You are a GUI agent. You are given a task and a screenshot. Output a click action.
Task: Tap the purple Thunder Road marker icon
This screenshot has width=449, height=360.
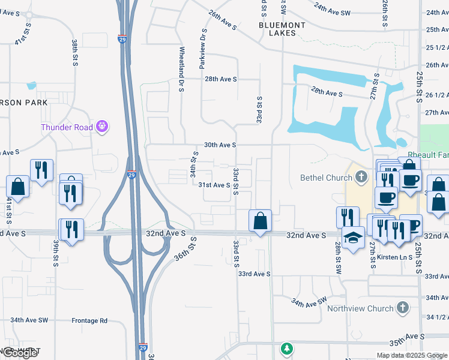coord(103,126)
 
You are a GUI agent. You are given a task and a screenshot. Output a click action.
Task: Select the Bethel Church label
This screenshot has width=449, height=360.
coord(327,178)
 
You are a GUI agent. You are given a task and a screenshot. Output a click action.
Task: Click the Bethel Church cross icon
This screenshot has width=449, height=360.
coord(361,177)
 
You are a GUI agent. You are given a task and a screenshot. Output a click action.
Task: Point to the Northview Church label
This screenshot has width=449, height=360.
coord(360,308)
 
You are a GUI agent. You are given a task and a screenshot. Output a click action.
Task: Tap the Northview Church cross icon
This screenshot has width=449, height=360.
coord(402,308)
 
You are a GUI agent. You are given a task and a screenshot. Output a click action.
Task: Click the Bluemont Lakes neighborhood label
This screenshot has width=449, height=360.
coord(282,29)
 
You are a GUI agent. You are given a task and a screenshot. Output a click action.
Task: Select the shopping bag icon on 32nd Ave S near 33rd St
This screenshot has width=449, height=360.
coord(261,222)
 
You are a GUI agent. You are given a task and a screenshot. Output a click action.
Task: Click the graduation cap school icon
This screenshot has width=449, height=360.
coord(353,238)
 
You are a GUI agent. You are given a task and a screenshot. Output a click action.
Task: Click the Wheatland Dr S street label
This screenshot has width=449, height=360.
coord(181,69)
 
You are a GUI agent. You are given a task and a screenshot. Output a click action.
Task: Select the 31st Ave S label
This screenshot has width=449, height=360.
coord(214,185)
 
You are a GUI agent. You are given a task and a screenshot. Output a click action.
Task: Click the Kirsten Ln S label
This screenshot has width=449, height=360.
coord(394,257)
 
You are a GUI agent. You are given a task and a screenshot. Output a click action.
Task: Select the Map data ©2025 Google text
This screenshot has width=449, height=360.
coord(411,355)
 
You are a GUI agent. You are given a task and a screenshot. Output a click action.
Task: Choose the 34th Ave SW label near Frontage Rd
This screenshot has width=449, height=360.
coord(28,320)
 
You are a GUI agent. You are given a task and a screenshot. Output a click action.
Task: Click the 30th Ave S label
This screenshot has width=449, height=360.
coord(220,145)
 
